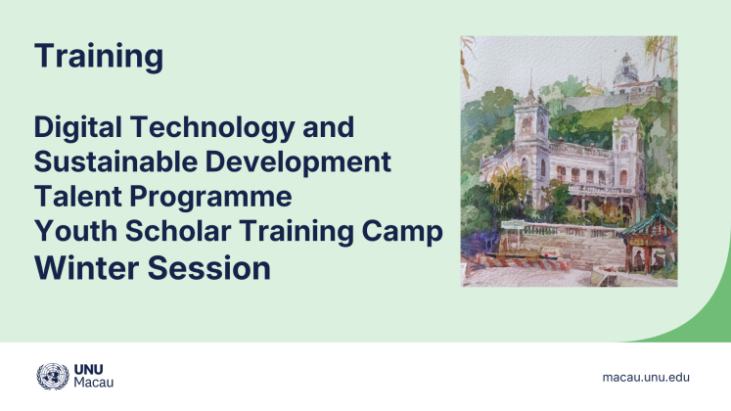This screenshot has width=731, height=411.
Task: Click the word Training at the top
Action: point(98,56)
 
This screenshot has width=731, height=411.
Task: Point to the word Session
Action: point(215,266)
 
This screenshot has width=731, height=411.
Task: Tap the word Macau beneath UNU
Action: point(94,384)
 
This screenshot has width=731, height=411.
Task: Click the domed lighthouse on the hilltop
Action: point(625,72)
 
